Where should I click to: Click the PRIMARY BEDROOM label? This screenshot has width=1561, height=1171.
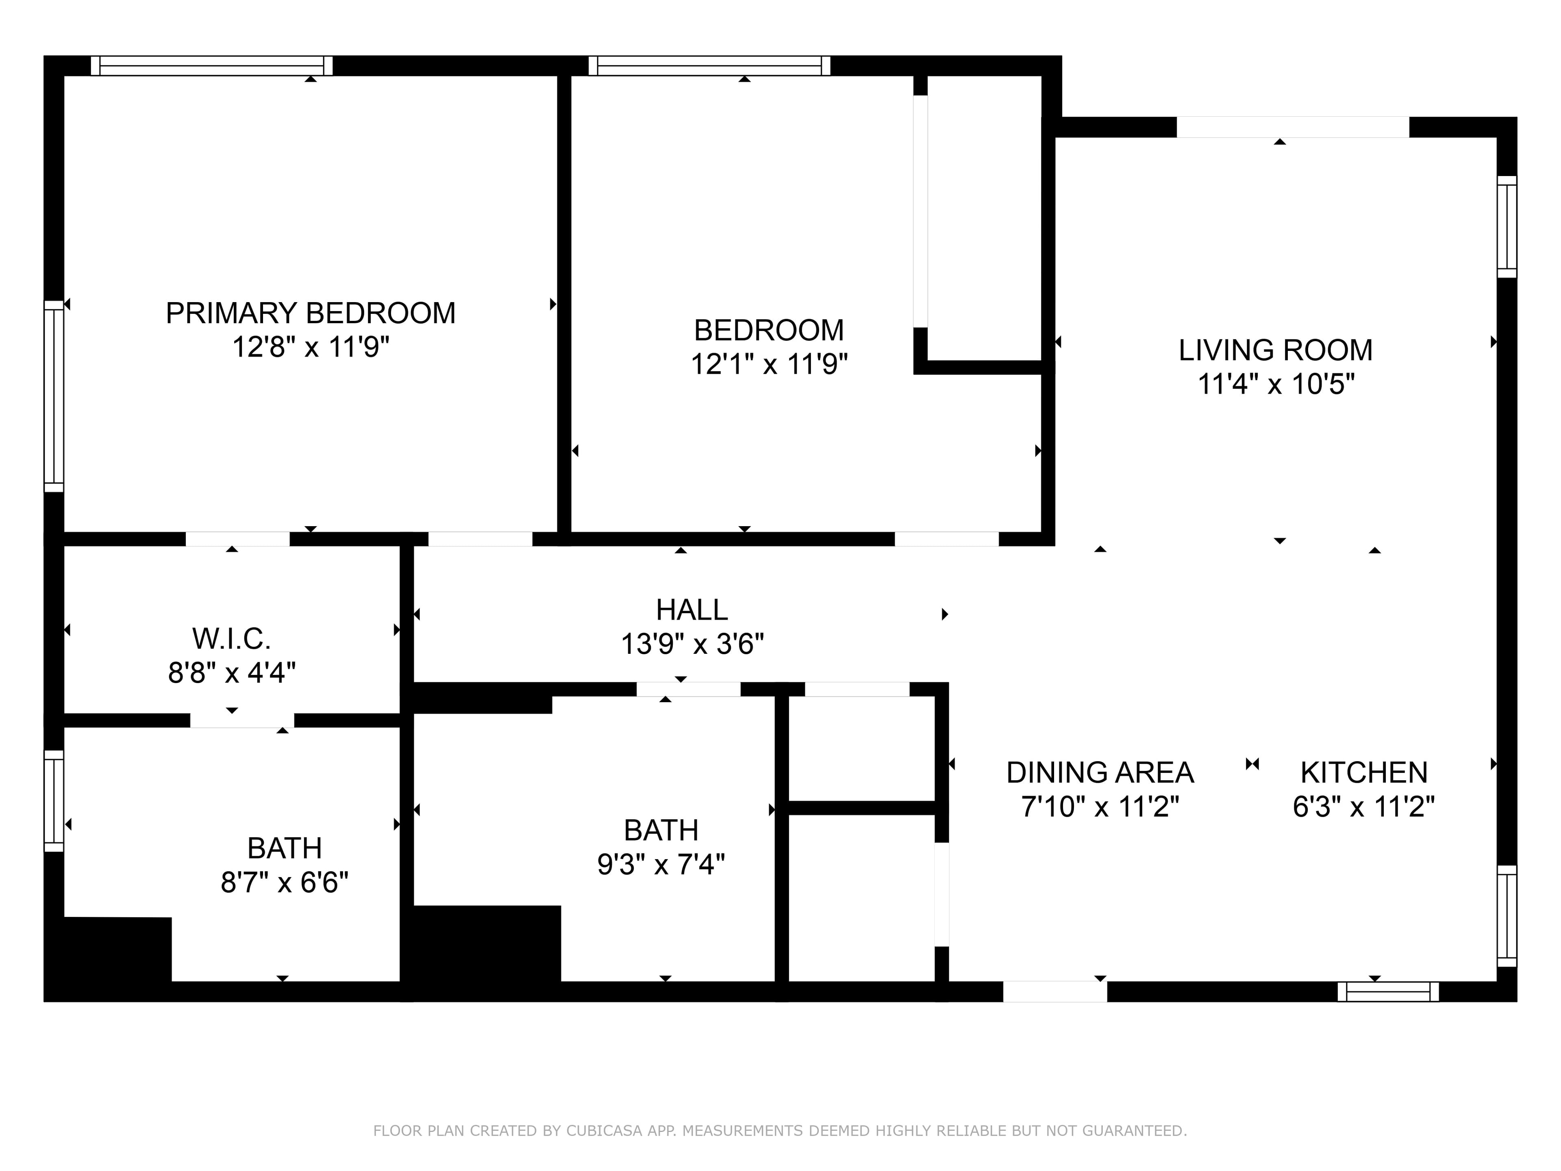click(311, 313)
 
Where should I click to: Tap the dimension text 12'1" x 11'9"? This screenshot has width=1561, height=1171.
click(768, 364)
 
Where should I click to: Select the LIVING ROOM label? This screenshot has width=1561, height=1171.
click(1275, 350)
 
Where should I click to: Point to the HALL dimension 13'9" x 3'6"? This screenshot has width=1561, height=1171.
click(691, 644)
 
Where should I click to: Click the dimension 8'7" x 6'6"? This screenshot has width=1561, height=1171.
click(285, 882)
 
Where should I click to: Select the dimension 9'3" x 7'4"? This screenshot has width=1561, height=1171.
click(661, 864)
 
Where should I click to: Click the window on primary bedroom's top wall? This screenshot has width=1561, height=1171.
click(212, 65)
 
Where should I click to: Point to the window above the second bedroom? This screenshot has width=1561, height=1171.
click(709, 65)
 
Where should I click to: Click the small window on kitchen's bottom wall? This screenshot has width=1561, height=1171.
click(1388, 992)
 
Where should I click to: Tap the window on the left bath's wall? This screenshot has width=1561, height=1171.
click(54, 801)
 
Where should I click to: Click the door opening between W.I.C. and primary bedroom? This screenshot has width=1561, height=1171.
click(238, 539)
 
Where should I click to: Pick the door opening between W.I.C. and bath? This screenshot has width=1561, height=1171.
click(242, 720)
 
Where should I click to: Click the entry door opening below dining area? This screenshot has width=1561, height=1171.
click(1055, 992)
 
